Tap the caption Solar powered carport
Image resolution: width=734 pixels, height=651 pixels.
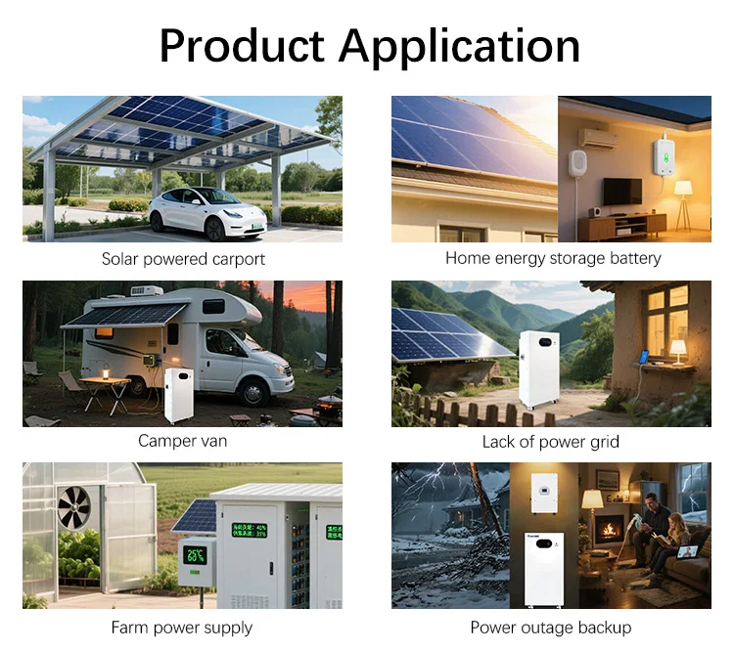183,259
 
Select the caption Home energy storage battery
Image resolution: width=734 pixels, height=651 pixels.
553,258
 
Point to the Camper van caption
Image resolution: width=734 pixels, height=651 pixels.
182,441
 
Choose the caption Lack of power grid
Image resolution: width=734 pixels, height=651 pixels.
551,442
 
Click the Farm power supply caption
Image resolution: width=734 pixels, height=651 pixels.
182,628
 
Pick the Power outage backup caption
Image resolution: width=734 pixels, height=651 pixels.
551,628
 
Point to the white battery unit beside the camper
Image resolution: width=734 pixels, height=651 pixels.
181,395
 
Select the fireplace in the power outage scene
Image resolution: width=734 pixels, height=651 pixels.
611,531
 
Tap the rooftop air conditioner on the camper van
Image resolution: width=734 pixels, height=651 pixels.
148,290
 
